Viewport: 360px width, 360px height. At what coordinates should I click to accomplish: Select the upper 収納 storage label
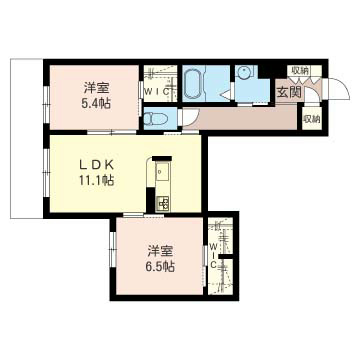[300, 71]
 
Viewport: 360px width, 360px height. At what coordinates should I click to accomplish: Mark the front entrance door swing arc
[315, 92]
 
